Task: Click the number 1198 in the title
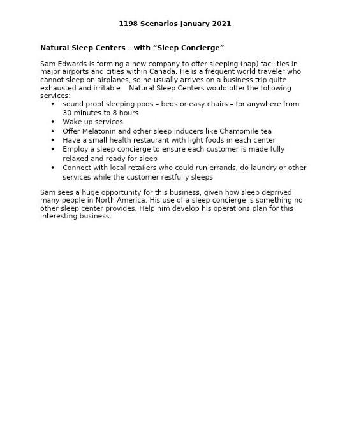[128, 24]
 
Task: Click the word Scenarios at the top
[156, 24]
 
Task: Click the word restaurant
[161, 140]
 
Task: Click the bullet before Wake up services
[53, 122]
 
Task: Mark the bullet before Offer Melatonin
[53, 131]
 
